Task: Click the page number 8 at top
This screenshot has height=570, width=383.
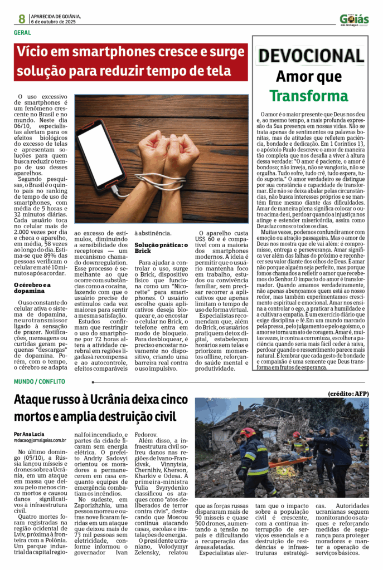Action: [21, 18]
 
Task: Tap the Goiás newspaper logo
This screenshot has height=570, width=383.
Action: [354, 20]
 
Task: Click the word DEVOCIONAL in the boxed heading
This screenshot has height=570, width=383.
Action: [311, 56]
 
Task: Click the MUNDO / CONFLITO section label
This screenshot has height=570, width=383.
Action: [40, 381]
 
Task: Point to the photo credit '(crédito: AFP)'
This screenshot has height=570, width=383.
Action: [348, 394]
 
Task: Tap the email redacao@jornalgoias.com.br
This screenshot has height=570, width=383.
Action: [40, 440]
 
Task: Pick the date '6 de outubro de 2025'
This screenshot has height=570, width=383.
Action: [56, 22]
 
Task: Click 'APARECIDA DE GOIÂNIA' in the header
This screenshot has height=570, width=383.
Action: [56, 16]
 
